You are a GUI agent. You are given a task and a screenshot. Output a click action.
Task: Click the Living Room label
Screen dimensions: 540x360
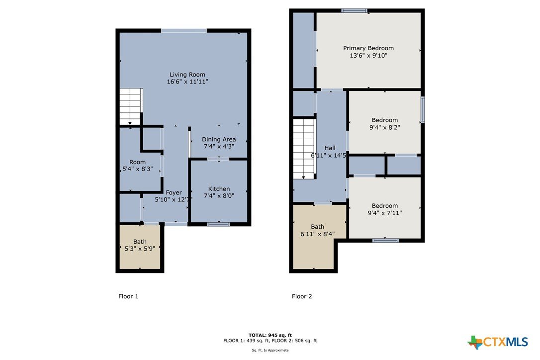pos(187,75)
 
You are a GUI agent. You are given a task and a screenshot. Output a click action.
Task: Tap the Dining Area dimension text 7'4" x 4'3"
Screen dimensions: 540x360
pos(219,146)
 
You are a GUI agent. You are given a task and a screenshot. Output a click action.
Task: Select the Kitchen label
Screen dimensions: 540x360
pos(219,189)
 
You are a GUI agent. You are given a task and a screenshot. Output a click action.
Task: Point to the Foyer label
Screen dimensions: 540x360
pos(174,192)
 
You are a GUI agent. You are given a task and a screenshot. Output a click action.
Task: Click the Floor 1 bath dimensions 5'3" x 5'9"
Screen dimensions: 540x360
pos(140,249)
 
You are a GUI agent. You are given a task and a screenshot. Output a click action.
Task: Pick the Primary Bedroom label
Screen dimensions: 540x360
pos(368,48)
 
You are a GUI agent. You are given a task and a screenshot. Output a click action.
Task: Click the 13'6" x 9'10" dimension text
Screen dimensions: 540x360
pos(368,56)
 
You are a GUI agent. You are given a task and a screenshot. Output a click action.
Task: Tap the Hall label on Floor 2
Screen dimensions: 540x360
pos(330,148)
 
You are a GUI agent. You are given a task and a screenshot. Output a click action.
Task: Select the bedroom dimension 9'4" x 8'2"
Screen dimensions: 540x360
pos(385,127)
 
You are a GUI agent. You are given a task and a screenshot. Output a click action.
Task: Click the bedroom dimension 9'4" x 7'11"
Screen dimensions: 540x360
pos(385,213)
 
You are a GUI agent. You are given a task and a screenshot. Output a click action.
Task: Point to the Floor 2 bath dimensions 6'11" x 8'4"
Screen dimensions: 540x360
pos(318,234)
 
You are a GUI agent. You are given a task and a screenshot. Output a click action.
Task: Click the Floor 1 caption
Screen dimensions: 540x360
pos(128,296)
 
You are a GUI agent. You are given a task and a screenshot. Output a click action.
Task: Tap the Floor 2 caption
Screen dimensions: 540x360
pos(302,296)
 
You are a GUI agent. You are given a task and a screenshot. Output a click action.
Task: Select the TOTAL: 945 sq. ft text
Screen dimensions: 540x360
pos(270,335)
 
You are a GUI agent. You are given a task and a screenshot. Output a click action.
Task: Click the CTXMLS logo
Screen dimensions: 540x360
pos(498,342)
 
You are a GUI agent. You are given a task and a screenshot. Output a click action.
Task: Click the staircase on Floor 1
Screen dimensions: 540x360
pos(131,106)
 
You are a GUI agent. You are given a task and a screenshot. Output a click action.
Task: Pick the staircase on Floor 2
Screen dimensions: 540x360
pos(304,149)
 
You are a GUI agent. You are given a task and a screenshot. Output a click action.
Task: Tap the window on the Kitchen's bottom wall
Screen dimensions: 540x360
pos(219,224)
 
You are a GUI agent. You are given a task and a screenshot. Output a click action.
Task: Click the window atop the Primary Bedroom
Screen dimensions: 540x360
pos(355,10)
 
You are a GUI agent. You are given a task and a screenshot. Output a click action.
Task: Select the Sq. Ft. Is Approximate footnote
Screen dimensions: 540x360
pos(270,351)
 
